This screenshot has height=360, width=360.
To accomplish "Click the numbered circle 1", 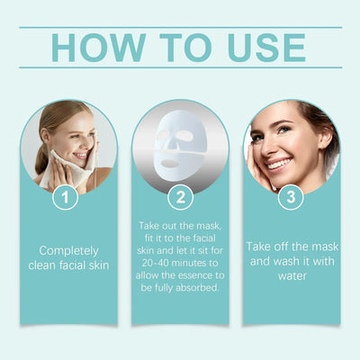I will pos(64,196).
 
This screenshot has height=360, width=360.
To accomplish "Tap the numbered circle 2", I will pos(179,196).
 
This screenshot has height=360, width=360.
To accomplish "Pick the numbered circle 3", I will pos(291,196).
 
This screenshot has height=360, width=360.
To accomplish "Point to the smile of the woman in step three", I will pos(279,165).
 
